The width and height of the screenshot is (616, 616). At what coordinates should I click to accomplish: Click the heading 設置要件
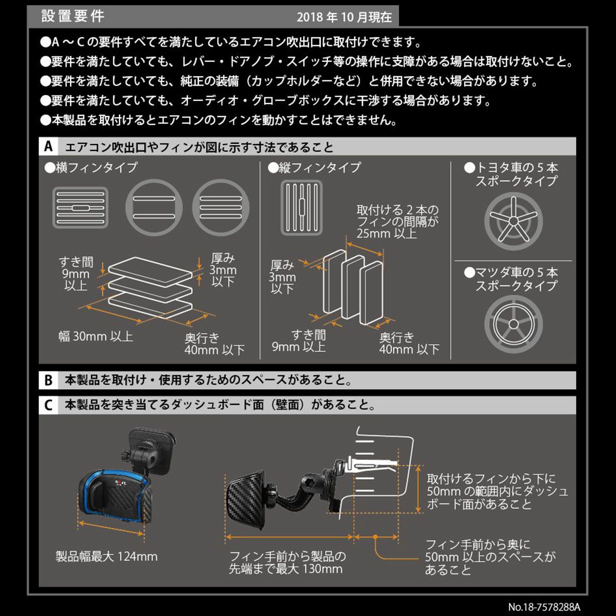point(73,16)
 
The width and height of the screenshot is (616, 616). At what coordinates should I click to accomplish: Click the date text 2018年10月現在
point(344,17)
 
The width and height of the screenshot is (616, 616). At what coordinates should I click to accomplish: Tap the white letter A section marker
point(48,146)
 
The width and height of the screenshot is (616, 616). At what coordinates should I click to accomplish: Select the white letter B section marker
point(48,380)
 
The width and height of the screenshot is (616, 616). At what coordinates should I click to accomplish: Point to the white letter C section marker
point(48,405)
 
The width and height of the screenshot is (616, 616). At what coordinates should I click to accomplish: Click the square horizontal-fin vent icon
point(80,208)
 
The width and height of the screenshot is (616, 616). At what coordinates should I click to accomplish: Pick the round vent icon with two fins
point(154,207)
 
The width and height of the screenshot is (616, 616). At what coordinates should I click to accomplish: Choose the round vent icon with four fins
point(221,207)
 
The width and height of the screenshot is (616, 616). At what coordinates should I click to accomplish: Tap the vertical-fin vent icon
point(301,208)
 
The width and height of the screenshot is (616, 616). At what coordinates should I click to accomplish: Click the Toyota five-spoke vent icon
point(513,221)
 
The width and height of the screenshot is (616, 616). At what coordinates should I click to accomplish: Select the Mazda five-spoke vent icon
point(513,324)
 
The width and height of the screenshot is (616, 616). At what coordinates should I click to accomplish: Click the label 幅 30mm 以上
point(96,337)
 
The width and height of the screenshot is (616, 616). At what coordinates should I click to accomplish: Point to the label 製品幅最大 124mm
point(106,557)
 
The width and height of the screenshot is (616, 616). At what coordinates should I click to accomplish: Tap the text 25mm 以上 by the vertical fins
point(386,234)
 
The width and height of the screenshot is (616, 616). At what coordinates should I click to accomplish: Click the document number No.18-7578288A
point(544,607)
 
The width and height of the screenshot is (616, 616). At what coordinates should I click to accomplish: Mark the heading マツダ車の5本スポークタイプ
point(516,279)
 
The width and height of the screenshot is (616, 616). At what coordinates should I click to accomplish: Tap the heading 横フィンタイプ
point(91,168)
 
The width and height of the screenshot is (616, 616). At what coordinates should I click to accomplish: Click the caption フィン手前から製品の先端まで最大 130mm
point(287,563)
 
